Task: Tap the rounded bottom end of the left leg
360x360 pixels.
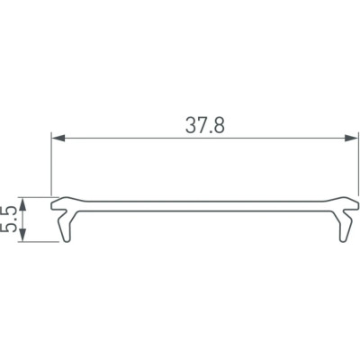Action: [65, 240]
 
